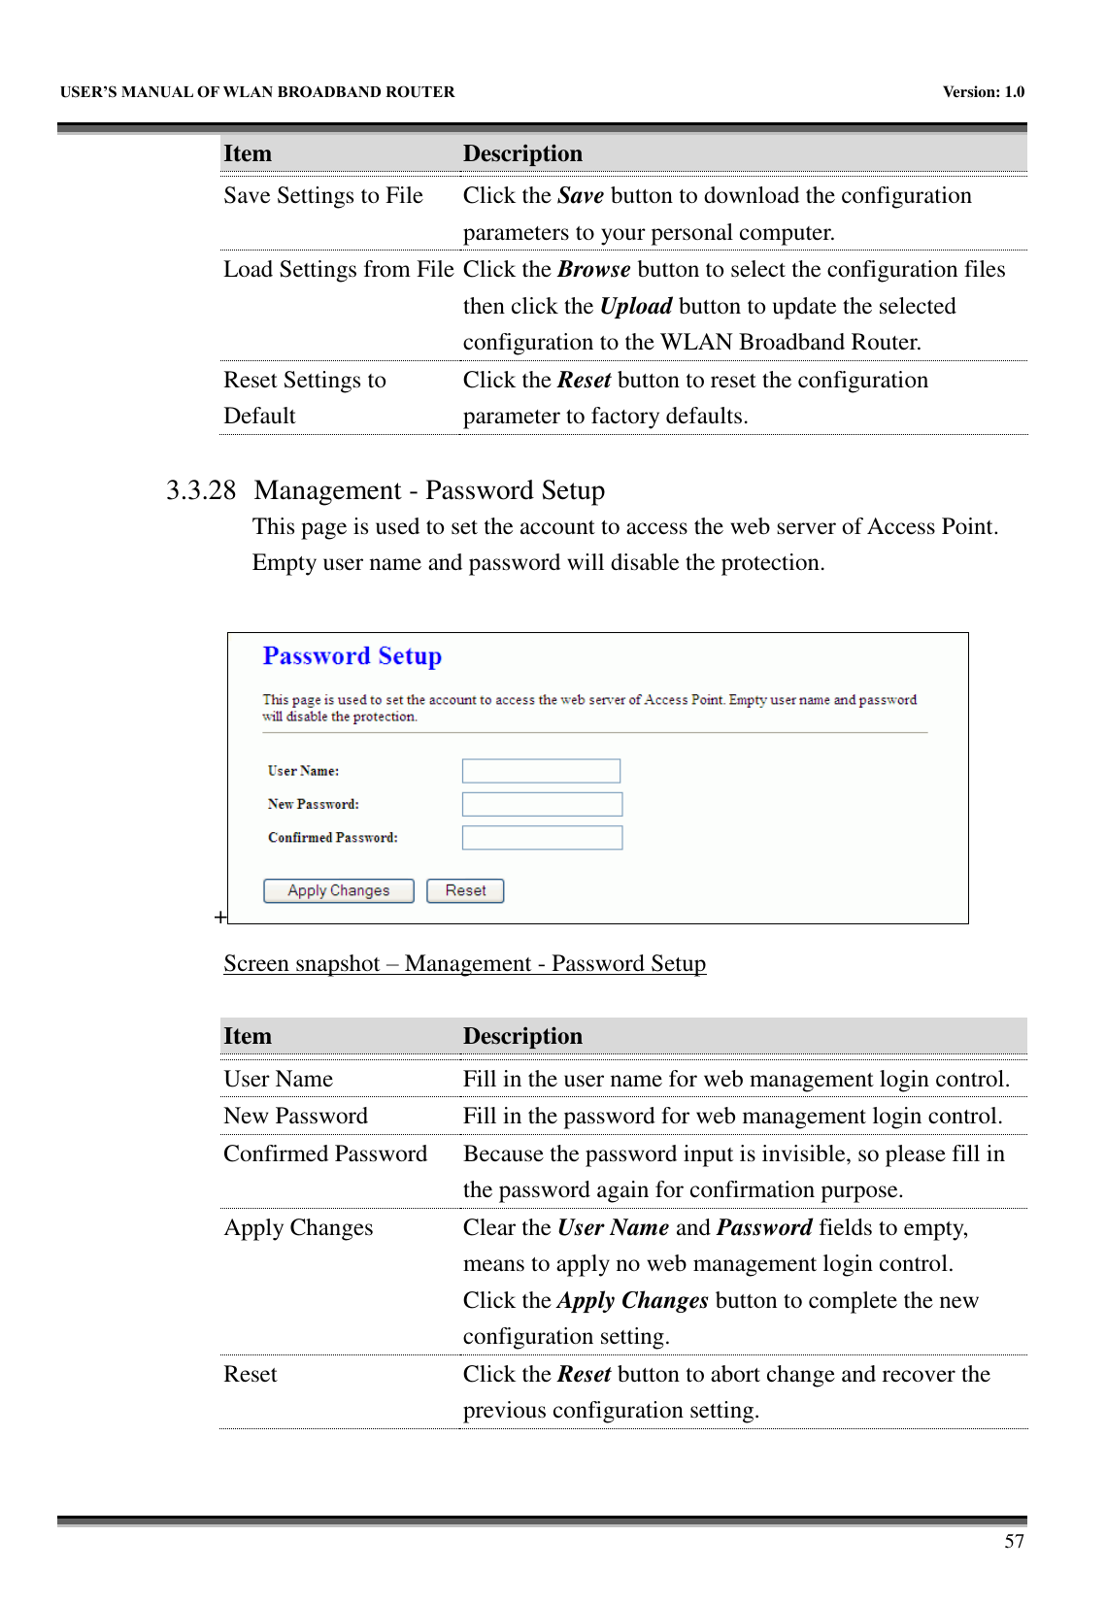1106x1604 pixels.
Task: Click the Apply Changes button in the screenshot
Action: pos(338,890)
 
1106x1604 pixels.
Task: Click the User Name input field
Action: pos(541,771)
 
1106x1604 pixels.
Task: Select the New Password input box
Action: pos(542,804)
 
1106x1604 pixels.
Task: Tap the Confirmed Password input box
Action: pos(542,837)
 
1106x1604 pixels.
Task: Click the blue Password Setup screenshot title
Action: pos(352,656)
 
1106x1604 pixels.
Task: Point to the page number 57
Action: pos(1014,1542)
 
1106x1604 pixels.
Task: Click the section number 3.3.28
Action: pos(200,490)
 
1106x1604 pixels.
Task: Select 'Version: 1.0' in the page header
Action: pos(983,92)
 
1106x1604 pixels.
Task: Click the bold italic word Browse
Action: pos(593,269)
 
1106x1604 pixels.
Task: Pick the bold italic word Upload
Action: pos(636,306)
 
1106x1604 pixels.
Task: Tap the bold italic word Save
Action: pos(581,195)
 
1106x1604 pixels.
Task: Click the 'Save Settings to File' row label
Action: pos(323,195)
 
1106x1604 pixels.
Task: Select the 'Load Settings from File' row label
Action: pos(338,269)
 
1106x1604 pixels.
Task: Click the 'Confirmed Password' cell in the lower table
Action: pos(325,1153)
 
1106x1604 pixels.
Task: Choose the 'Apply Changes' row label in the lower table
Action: pos(298,1227)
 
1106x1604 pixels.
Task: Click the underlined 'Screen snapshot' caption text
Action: pos(464,963)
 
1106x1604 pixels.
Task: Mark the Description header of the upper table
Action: pos(522,153)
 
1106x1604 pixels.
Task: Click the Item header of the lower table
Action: pos(248,1036)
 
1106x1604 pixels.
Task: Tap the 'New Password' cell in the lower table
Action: pos(295,1116)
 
